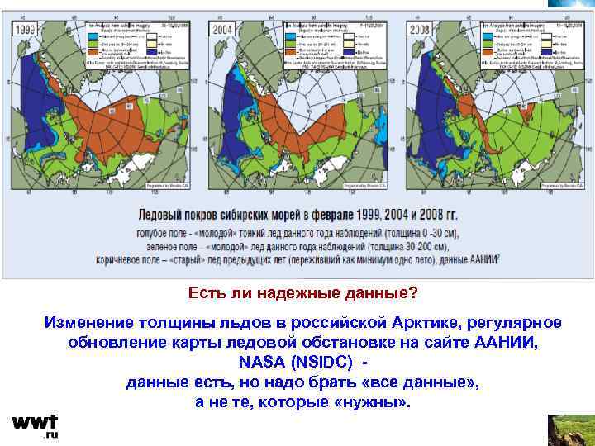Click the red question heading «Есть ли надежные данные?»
pyautogui.click(x=303, y=293)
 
